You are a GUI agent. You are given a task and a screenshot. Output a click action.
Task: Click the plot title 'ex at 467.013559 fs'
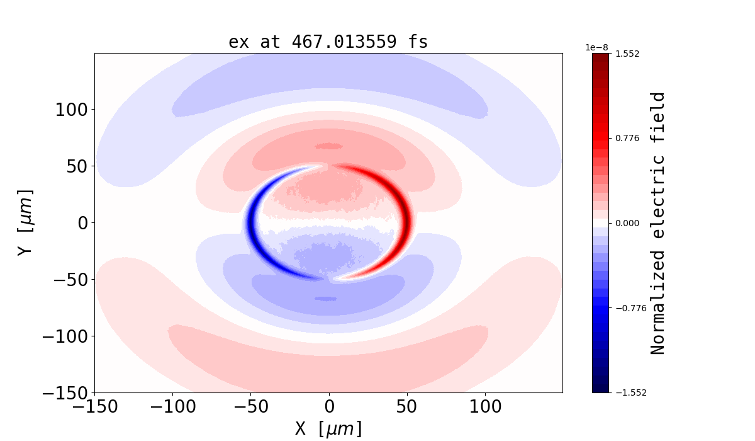click(x=328, y=42)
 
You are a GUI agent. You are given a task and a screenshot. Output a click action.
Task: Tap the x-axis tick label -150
click(x=94, y=407)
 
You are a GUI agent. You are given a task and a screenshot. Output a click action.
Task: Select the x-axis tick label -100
click(x=172, y=407)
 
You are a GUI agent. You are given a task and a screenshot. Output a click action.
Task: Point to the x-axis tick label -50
click(x=250, y=407)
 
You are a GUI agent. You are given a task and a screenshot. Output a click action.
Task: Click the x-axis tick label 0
click(x=328, y=407)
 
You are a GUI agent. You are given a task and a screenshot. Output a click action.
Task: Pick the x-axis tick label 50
click(x=406, y=407)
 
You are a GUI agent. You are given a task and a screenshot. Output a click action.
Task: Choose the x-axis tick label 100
click(x=484, y=407)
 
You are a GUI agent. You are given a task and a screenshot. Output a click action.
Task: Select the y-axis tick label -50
click(x=69, y=280)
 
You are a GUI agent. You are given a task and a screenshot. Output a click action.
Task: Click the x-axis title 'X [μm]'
click(x=328, y=429)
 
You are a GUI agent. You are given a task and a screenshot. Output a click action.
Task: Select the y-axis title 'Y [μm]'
click(x=25, y=222)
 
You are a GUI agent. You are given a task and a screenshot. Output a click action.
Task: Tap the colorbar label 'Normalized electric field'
click(x=658, y=223)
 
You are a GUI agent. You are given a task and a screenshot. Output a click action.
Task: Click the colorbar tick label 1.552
click(x=627, y=54)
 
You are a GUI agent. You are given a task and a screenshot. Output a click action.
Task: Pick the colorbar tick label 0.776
click(x=627, y=138)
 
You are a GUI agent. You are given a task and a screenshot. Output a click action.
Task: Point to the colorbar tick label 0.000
click(x=627, y=223)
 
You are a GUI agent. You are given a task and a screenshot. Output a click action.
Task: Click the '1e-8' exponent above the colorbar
click(x=596, y=48)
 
